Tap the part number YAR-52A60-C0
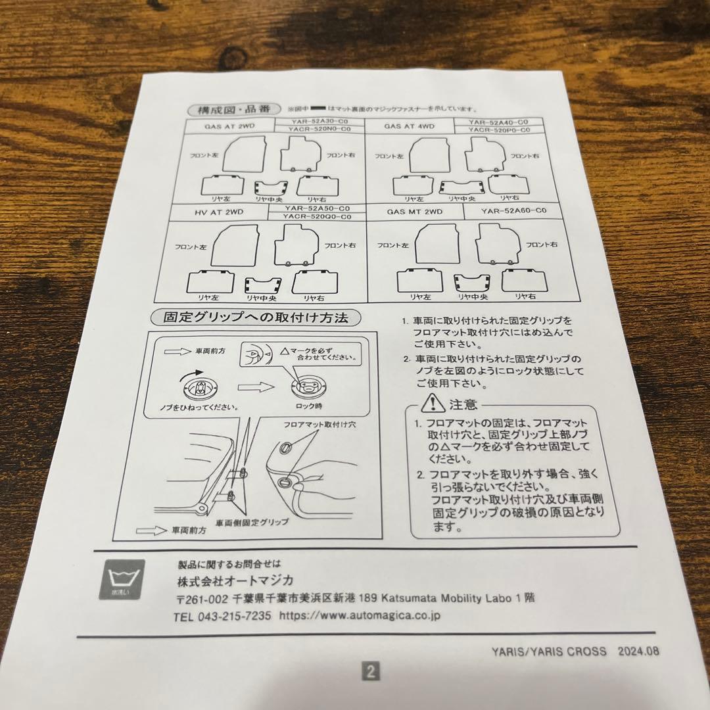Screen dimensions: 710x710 pos(514,211)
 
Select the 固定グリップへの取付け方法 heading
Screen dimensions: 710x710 pos(256,318)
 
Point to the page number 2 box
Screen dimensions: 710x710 pos(370,671)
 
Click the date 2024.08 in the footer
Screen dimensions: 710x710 pos(638,651)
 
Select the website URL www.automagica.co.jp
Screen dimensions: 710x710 pos(360,616)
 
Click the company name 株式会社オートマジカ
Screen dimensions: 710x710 pos(235,581)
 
